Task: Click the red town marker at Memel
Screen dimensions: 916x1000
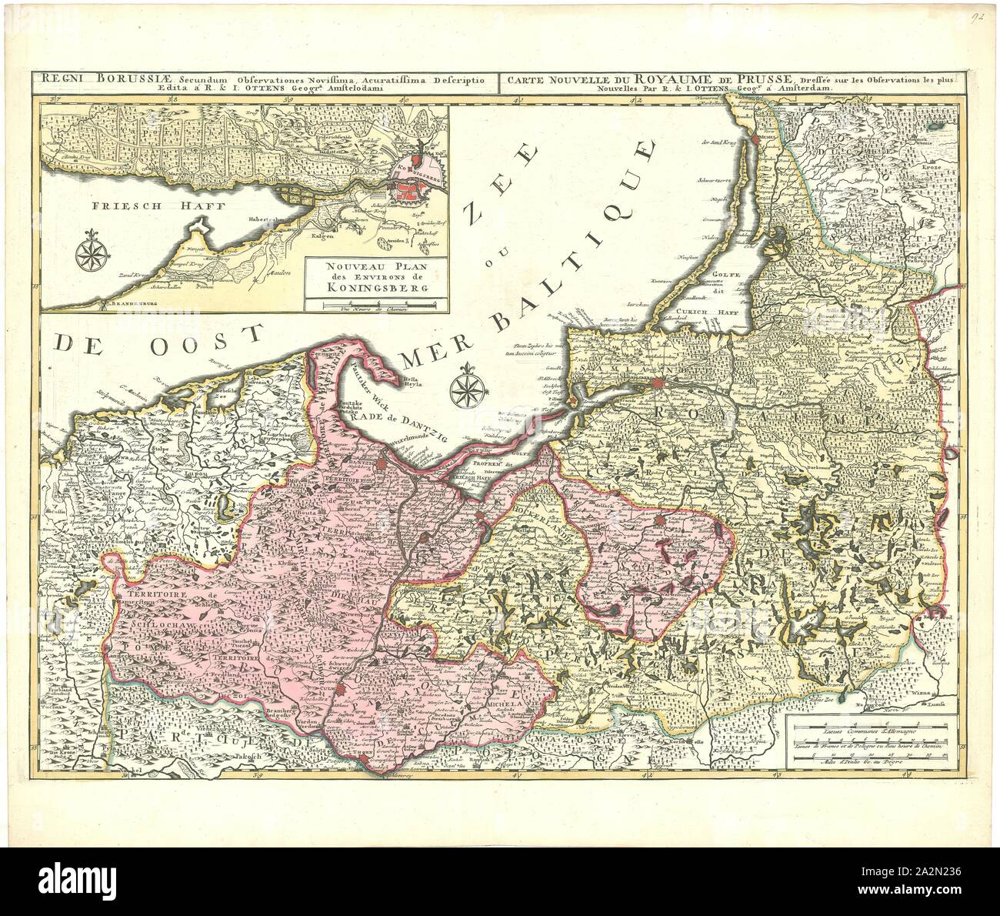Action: (x=758, y=139)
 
